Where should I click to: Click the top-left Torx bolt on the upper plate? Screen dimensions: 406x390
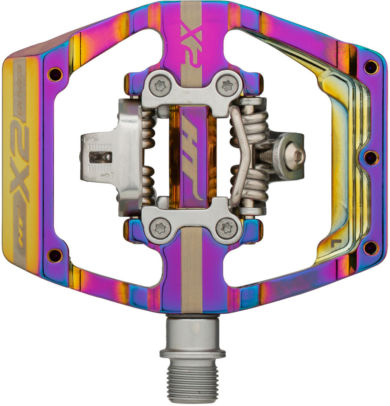[161, 86]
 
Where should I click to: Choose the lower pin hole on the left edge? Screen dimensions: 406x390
[55, 255]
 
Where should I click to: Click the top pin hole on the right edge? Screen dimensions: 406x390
[371, 67]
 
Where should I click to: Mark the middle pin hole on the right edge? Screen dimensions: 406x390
[372, 157]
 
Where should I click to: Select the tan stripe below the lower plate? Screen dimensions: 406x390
[192, 275]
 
